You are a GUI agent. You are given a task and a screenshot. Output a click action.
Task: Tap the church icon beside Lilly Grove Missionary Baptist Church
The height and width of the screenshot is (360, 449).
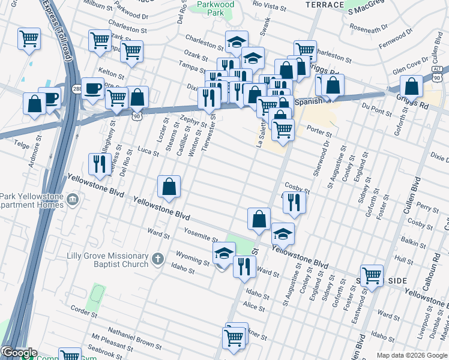157,259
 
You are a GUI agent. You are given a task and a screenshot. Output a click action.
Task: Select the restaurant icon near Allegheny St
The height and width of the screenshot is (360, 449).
99,164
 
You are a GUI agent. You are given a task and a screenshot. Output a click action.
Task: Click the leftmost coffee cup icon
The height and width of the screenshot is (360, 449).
50,98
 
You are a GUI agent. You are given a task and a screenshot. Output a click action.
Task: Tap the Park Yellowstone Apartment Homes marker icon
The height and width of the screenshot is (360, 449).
73,199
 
